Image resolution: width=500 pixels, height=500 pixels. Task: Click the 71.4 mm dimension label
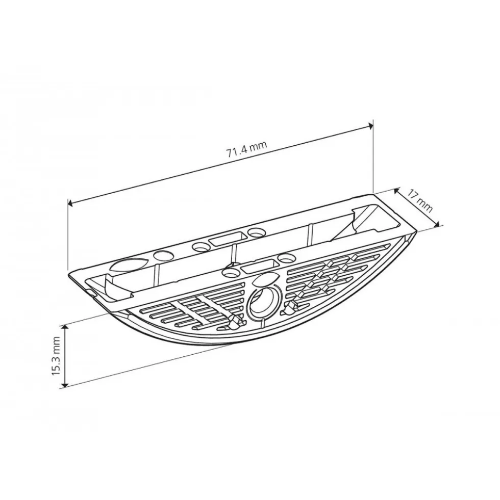coord(246,150)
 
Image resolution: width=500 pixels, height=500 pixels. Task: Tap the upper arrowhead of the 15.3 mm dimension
coord(65,328)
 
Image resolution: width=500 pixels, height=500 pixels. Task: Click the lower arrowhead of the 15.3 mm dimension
coord(65,384)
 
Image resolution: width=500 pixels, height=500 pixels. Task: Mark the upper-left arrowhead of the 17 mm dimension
coord(396,191)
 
